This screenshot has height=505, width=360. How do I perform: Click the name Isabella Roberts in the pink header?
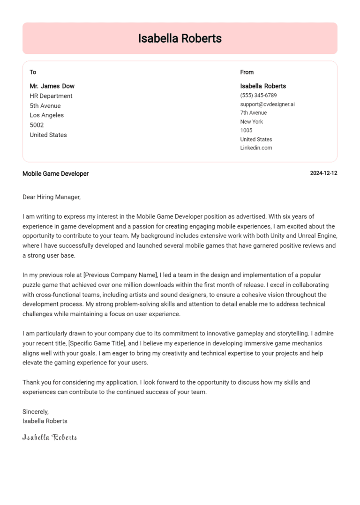tap(180, 38)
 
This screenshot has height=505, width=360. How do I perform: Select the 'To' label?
tap(33, 72)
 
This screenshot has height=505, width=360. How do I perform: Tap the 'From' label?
tap(247, 72)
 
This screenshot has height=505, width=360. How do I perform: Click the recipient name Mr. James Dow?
tap(52, 86)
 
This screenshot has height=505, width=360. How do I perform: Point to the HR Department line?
tap(51, 96)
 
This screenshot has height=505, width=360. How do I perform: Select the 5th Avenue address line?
tap(45, 106)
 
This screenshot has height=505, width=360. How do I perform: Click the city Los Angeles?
tap(46, 115)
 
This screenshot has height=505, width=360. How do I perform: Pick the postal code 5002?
tap(37, 125)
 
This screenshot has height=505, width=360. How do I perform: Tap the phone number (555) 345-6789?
tap(258, 95)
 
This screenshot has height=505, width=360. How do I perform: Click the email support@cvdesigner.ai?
tap(267, 104)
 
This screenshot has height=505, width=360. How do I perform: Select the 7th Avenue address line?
tap(253, 113)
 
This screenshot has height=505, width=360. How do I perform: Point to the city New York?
tap(251, 122)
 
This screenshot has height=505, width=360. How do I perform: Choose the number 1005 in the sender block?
tap(246, 130)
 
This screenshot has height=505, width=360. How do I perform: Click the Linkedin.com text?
tap(256, 148)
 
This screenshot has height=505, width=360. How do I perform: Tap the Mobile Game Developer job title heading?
tap(55, 174)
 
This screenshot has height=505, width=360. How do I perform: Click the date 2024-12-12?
tap(323, 173)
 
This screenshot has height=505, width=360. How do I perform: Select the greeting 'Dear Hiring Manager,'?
tap(52, 197)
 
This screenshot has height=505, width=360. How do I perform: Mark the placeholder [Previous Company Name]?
tap(121, 275)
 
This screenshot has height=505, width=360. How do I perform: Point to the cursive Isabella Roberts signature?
tap(50, 438)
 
